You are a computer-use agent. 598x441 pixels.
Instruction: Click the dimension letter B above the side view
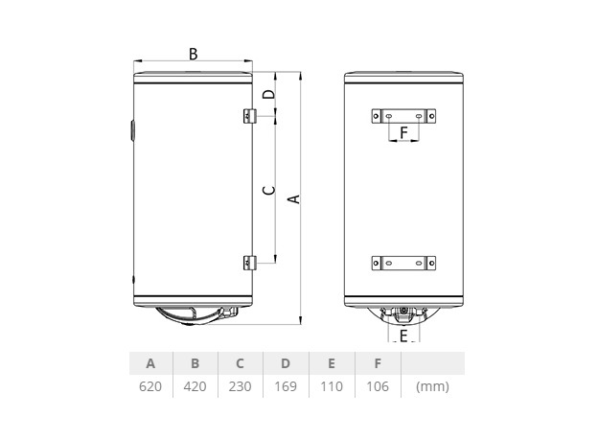point(194,55)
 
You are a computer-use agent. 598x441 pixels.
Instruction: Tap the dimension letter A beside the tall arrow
point(294,198)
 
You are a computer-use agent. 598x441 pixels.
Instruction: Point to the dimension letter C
point(269,190)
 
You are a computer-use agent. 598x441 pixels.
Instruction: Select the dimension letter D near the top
point(269,94)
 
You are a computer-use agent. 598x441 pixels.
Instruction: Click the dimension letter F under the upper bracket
point(403,132)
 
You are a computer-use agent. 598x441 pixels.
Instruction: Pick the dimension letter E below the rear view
point(403,336)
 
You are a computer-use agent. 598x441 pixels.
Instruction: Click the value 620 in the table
point(150,386)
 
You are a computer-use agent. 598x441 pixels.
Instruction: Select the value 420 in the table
point(195,386)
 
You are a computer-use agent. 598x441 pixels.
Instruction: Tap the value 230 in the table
point(240,386)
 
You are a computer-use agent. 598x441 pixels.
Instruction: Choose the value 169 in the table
point(286,386)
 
